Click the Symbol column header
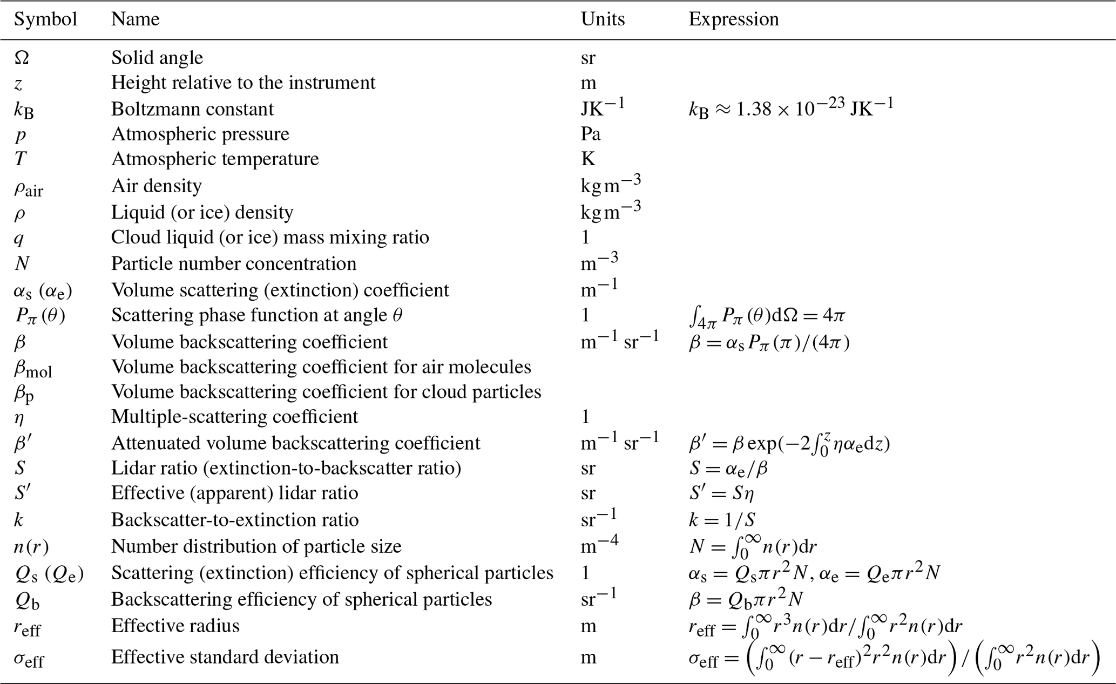pos(45,19)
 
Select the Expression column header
pos(733,19)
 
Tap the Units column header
pos(603,19)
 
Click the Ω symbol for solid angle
pos(22,58)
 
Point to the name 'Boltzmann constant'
pos(192,109)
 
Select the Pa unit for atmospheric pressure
pos(591,134)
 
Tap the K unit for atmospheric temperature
pos(587,159)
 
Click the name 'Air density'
pos(157,186)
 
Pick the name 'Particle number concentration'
pos(233,263)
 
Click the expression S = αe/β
pos(728,468)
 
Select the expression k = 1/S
pos(721,520)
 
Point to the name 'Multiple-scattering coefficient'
pos(234,417)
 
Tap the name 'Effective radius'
pos(175,626)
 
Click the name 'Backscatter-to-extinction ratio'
pos(235,520)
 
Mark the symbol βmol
pos(32,369)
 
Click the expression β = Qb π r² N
pos(746,599)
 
